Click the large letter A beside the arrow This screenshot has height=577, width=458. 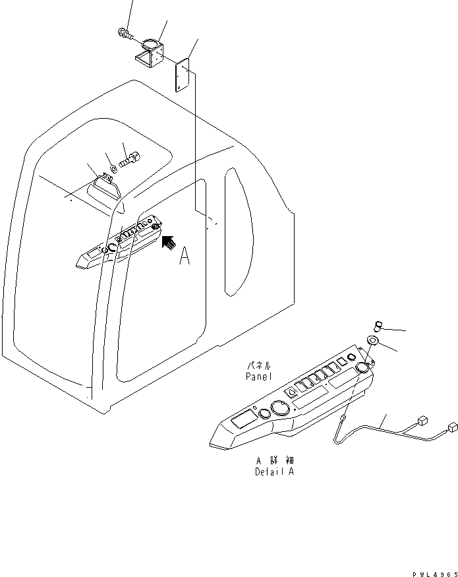185,257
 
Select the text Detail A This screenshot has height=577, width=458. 274,472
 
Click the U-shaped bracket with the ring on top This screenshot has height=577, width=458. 151,54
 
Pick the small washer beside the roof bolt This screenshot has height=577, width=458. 113,167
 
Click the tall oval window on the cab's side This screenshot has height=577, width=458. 237,231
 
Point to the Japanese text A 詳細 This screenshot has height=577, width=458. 274,461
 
